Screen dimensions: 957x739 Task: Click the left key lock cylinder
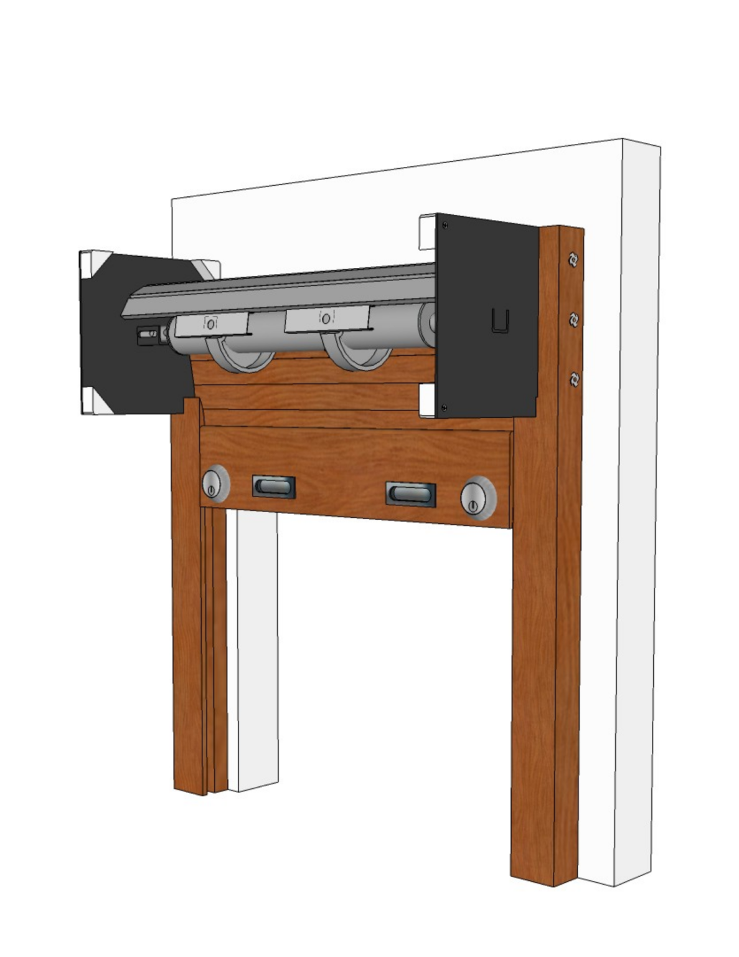click(215, 483)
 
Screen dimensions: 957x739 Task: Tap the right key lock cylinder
click(478, 499)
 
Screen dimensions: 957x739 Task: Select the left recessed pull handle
click(273, 487)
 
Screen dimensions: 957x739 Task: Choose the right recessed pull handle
click(410, 494)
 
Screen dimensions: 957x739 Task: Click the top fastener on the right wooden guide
click(573, 259)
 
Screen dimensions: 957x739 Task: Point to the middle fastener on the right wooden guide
click(573, 320)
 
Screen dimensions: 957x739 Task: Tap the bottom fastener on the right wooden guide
click(574, 379)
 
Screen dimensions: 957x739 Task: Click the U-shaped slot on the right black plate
click(500, 321)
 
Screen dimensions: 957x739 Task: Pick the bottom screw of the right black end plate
click(444, 407)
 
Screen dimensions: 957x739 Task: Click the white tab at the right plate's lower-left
click(426, 399)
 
